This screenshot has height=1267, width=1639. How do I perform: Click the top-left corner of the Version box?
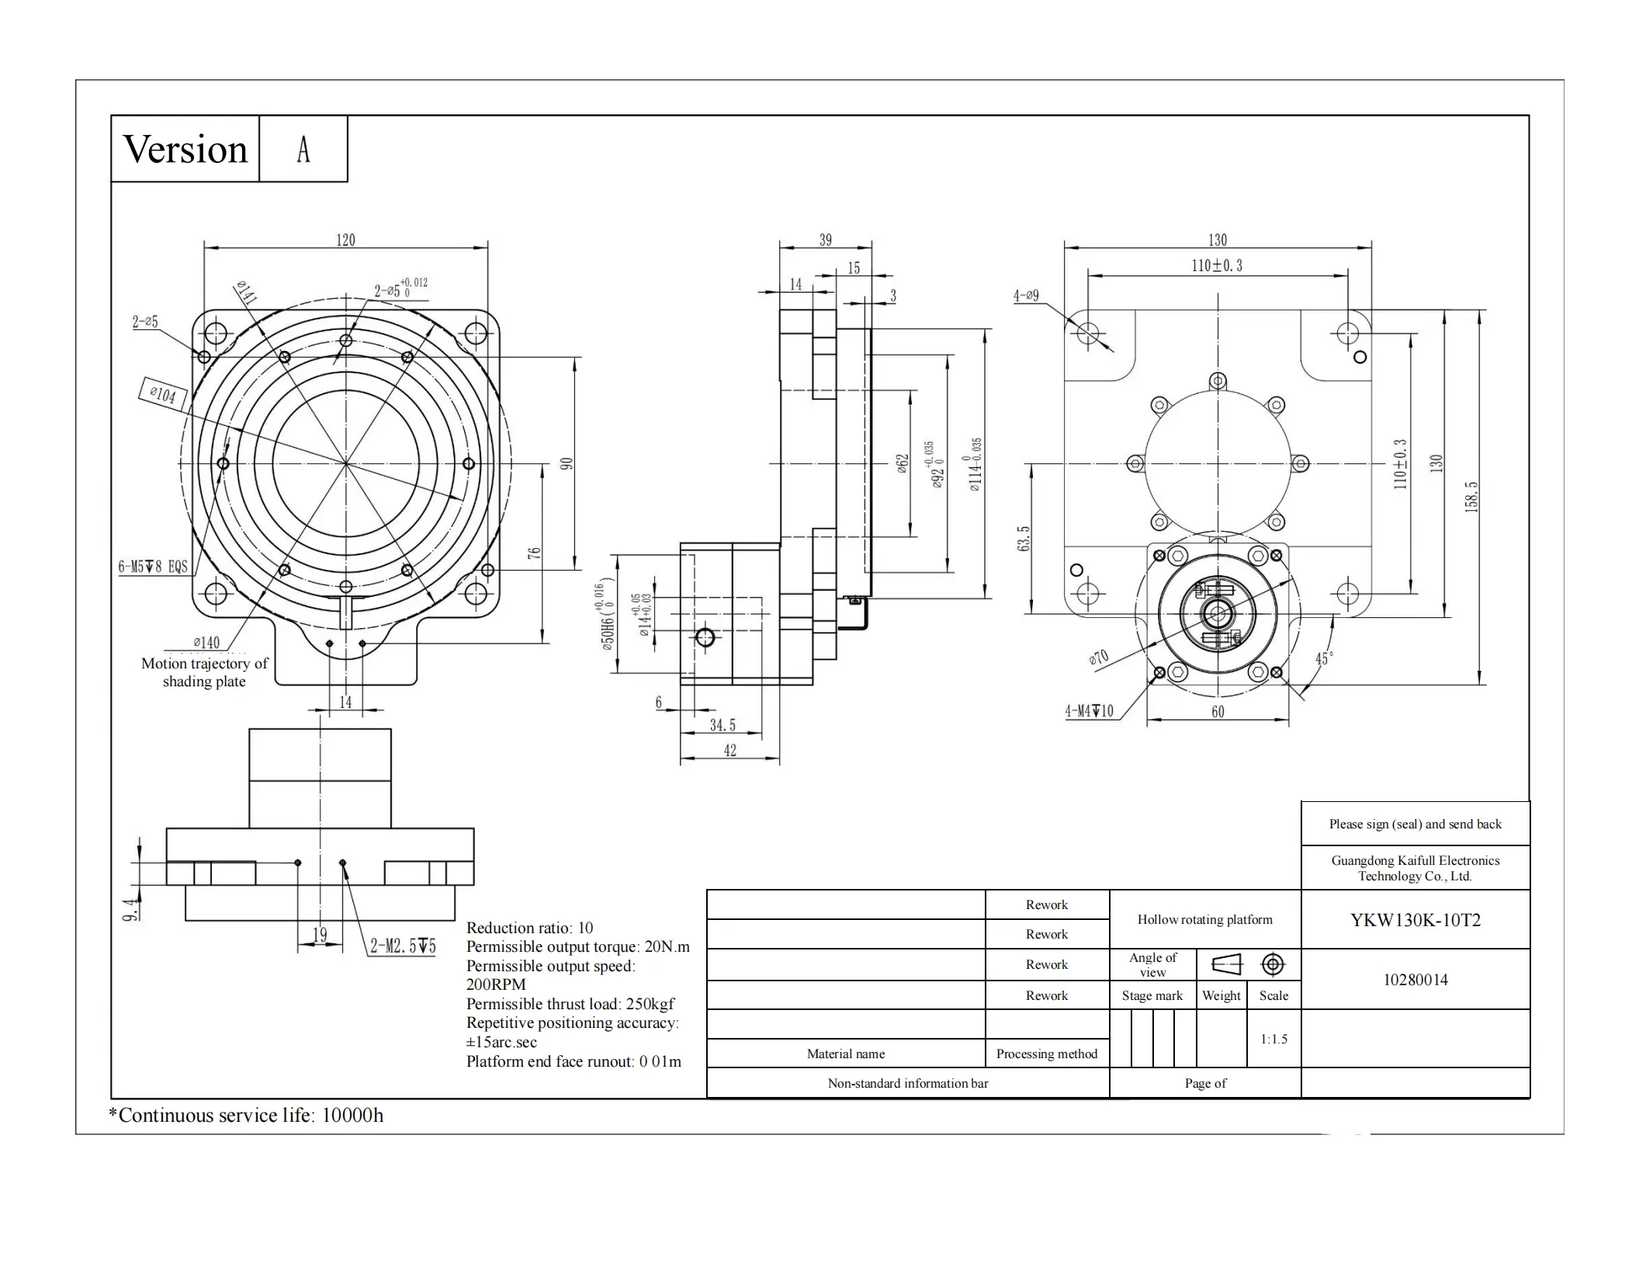pos(111,116)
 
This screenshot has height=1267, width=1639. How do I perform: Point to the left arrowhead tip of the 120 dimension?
pos(204,248)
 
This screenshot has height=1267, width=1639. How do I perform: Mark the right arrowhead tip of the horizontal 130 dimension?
pos(1371,248)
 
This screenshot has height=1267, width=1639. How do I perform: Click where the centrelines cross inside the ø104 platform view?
pos(346,463)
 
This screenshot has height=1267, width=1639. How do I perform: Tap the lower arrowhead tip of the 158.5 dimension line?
pos(1480,684)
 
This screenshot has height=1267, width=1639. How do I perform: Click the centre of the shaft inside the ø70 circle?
pos(1217,614)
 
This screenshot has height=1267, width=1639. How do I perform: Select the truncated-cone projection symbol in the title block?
pos(1226,964)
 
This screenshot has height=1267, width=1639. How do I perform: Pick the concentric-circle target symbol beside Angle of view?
pos(1273,964)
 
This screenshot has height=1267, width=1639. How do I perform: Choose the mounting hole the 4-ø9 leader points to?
pos(1088,333)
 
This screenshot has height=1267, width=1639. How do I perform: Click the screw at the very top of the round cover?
pos(1218,381)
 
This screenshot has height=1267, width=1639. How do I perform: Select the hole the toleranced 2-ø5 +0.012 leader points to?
pos(346,340)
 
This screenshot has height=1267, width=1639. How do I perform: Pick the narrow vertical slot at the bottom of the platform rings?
pos(346,613)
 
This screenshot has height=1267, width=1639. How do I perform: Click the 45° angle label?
pos(1324,658)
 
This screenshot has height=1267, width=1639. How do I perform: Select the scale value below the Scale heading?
pos(1273,1039)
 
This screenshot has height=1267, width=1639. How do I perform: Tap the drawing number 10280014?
pos(1415,980)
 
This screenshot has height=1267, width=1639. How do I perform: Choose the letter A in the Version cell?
pos(303,149)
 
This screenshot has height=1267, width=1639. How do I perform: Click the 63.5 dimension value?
pos(1024,539)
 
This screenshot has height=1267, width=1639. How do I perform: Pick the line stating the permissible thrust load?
pos(570,1004)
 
